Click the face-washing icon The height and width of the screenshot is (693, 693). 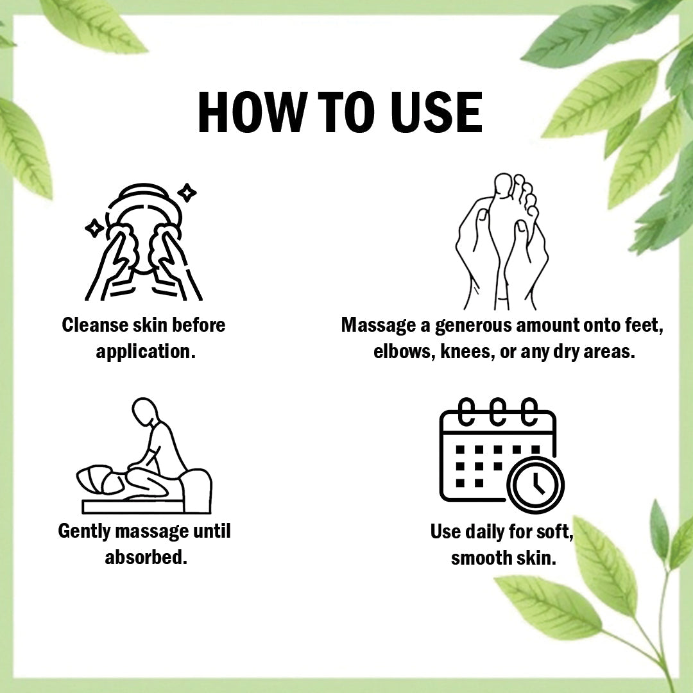pos(143,242)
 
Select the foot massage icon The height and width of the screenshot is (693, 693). pos(502,241)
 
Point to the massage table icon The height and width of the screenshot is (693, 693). pos(144,455)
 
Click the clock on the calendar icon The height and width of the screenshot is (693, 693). pos(536,485)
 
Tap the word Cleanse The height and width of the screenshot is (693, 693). pos(94,325)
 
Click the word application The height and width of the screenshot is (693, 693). pos(146,352)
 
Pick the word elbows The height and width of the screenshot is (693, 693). pos(402,352)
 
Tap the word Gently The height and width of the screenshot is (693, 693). pos(84,532)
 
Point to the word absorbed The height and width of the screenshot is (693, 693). pos(146,558)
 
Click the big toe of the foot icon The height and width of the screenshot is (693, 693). pos(502,184)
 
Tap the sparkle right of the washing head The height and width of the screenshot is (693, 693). pos(187,193)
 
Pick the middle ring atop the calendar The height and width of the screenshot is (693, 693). pos(498,411)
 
